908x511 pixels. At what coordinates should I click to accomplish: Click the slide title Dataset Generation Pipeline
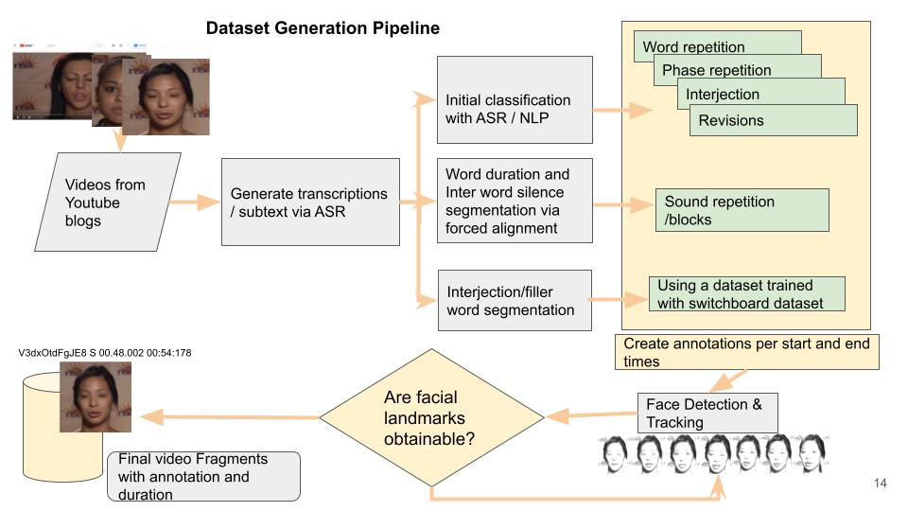click(323, 28)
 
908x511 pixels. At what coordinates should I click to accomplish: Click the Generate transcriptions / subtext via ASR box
click(309, 203)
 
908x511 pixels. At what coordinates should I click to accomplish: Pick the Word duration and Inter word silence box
click(515, 201)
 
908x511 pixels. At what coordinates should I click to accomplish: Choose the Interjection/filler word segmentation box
click(515, 300)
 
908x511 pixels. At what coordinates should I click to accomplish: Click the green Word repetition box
click(694, 46)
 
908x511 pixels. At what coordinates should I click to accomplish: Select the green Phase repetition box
click(716, 69)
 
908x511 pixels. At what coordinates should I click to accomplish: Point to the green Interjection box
click(723, 94)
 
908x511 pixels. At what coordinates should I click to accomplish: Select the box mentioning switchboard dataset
click(746, 293)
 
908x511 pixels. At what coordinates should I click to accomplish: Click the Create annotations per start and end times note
click(746, 351)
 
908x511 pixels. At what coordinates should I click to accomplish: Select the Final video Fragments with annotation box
click(203, 475)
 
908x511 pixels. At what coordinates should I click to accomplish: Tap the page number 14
click(880, 484)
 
